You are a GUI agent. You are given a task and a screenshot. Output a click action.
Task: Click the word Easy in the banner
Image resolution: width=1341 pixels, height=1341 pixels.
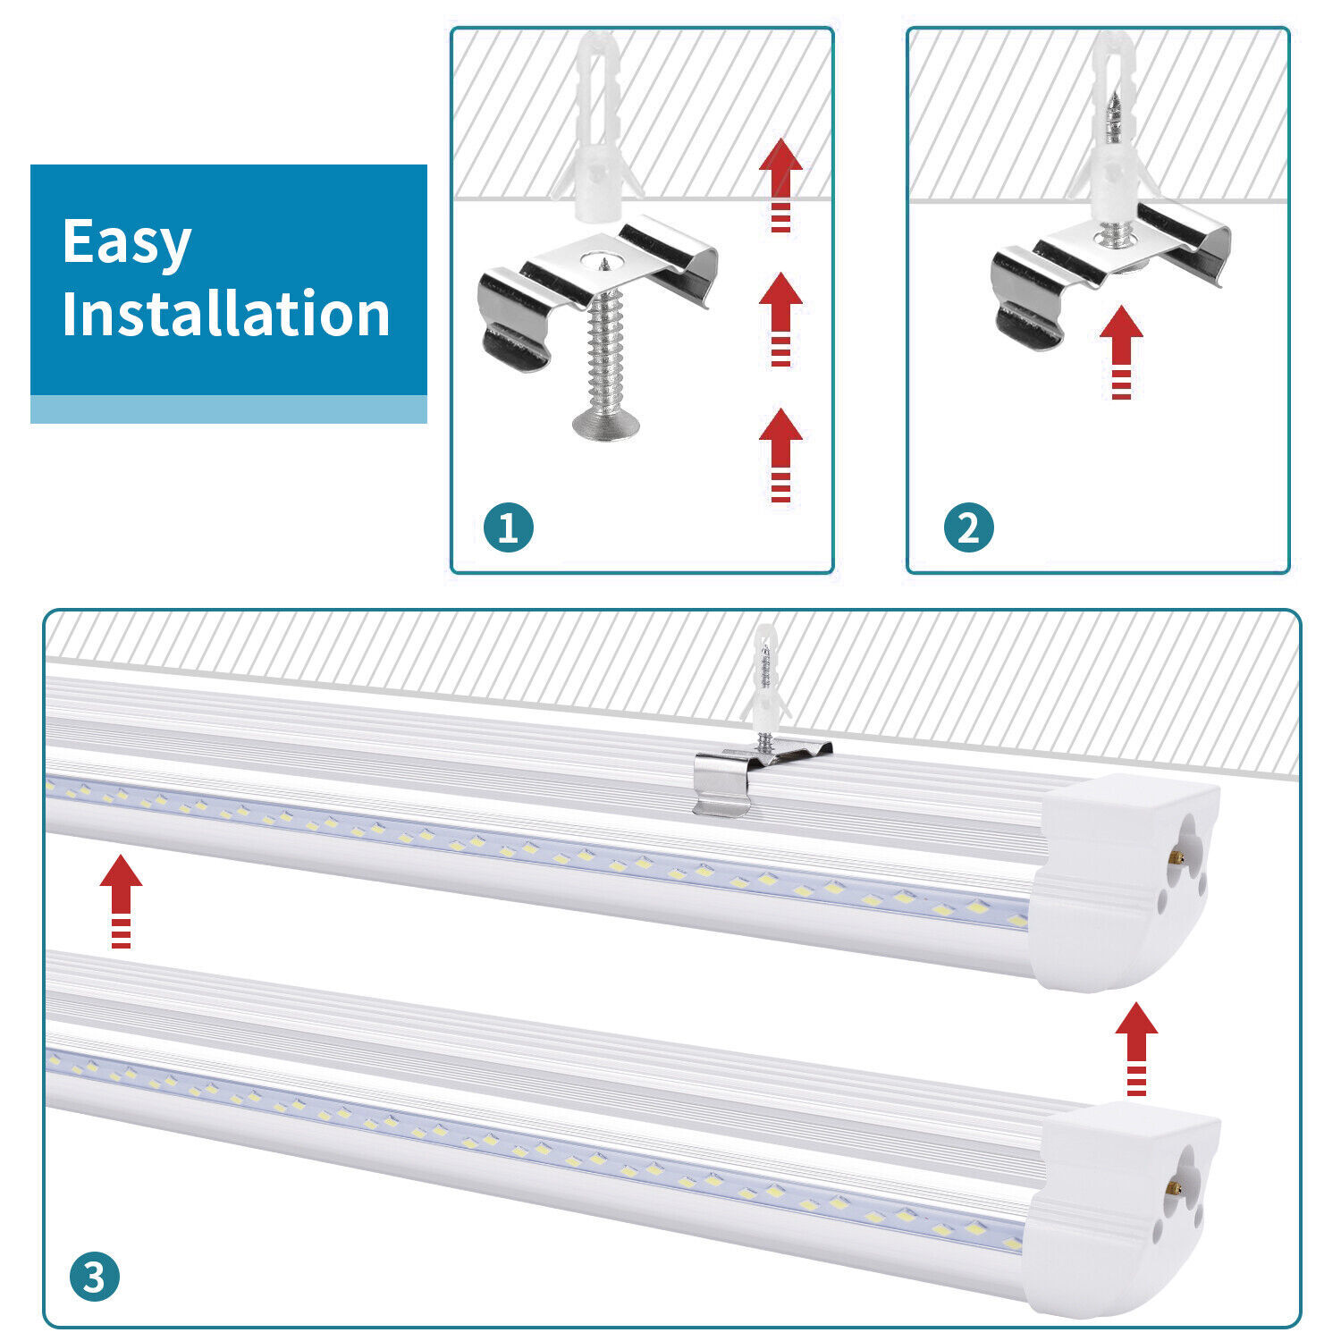click(127, 242)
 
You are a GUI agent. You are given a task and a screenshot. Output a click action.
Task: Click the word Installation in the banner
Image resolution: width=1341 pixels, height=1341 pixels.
click(226, 314)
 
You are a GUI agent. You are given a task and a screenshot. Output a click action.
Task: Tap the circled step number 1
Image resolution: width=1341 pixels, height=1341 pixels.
click(508, 527)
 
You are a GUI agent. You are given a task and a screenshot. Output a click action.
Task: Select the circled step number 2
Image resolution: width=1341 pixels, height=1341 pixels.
click(968, 527)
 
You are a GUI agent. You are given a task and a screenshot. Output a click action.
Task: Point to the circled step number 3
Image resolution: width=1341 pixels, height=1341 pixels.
click(94, 1277)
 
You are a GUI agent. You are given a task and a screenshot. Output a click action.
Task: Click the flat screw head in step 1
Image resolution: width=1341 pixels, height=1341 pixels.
click(605, 425)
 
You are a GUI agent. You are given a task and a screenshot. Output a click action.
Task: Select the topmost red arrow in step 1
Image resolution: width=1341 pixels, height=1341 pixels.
click(780, 183)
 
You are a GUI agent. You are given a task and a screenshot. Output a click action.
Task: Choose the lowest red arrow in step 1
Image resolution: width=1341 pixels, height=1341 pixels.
click(780, 454)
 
